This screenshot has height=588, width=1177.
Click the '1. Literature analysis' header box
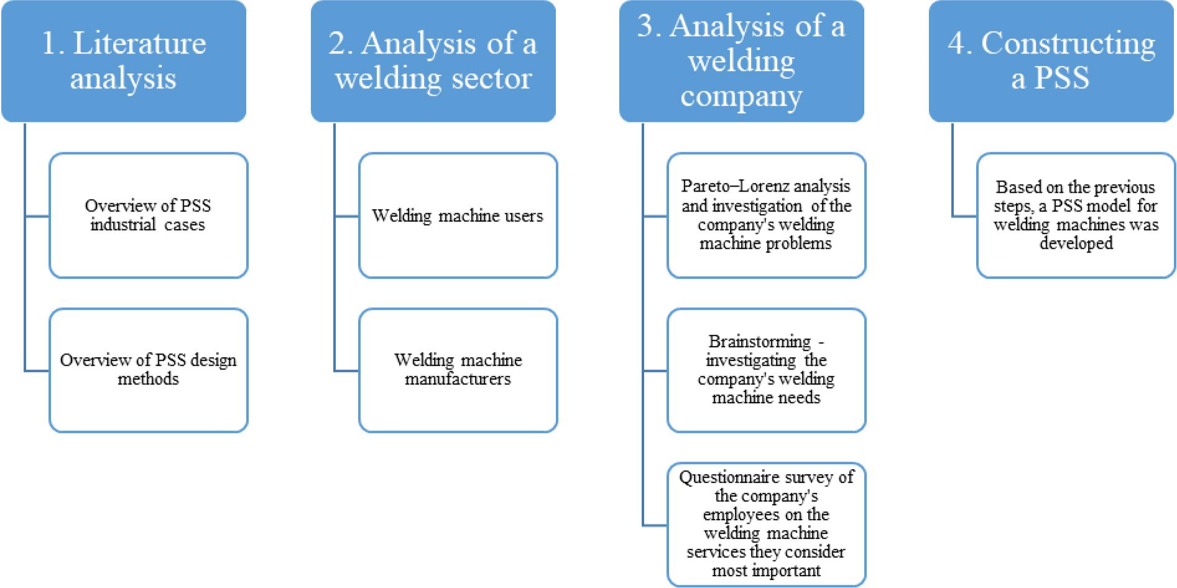[x=124, y=61]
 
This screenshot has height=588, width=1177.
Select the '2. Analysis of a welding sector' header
[x=433, y=61]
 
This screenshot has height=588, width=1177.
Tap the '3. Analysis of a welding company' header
[x=741, y=61]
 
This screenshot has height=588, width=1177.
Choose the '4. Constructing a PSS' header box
[x=1051, y=61]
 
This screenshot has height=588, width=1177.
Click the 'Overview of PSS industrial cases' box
[x=148, y=215]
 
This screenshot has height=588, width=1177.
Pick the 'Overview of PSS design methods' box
[x=148, y=370]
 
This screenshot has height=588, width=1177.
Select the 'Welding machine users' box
[x=458, y=215]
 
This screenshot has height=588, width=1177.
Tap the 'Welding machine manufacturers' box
[x=458, y=370]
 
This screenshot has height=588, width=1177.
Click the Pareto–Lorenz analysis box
[x=766, y=215]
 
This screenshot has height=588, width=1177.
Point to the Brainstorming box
[x=766, y=370]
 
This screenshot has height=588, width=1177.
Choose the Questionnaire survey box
[x=766, y=524]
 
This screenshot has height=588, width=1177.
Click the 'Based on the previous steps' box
[x=1076, y=215]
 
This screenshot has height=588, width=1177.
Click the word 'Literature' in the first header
[x=140, y=44]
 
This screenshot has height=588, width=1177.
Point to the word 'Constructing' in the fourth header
[x=1068, y=44]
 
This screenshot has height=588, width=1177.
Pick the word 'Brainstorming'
[x=759, y=342]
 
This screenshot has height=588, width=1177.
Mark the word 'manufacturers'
[x=458, y=379]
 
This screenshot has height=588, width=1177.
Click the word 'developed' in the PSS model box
[x=1076, y=243]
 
